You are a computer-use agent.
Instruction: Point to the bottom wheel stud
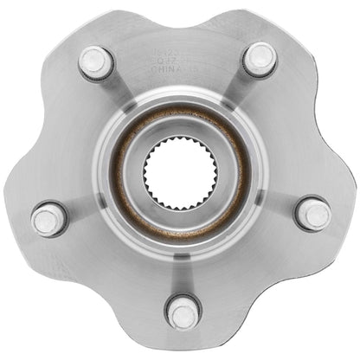click(x=183, y=311)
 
